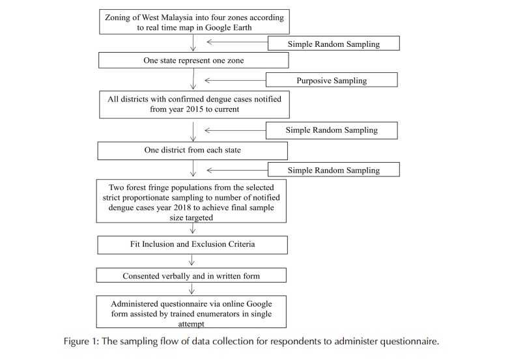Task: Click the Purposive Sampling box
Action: click(x=332, y=80)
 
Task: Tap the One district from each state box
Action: click(x=193, y=150)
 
